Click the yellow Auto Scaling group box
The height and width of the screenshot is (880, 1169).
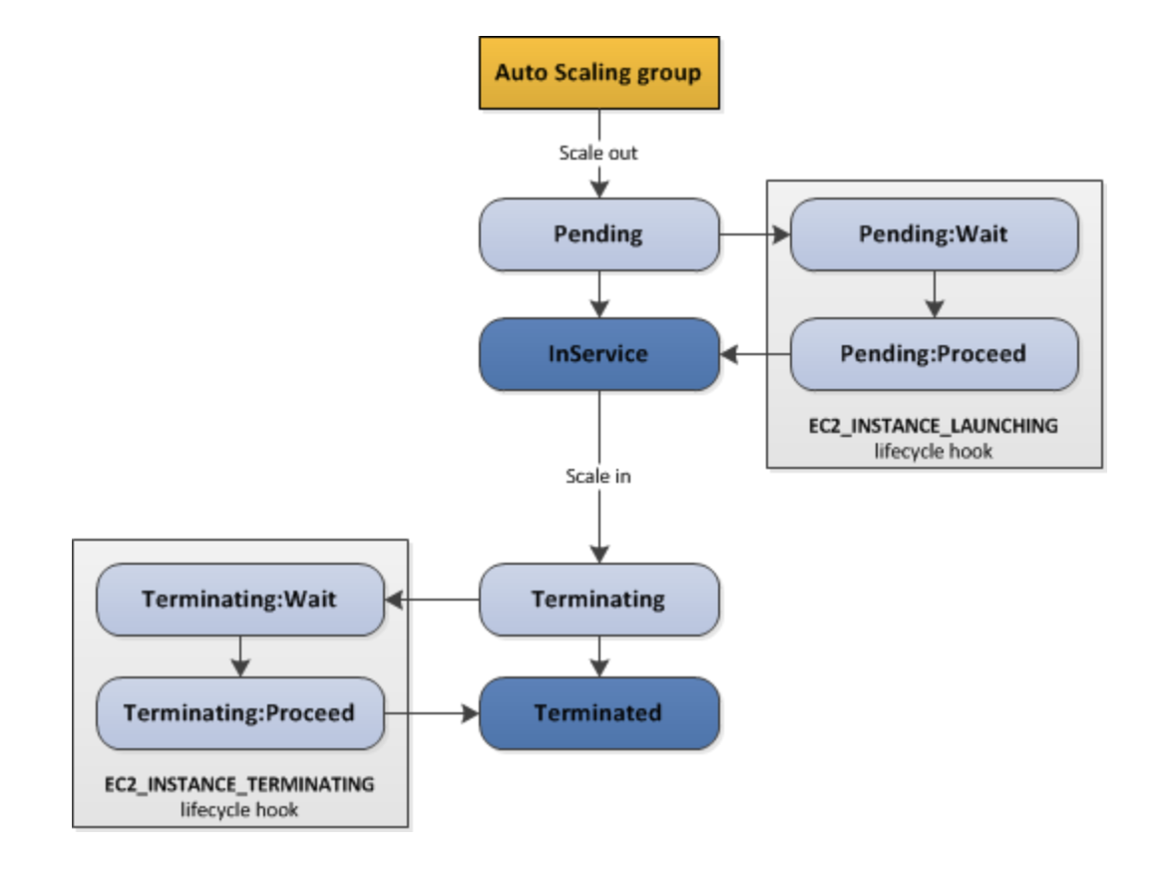pyautogui.click(x=599, y=73)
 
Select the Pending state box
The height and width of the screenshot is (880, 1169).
pyautogui.click(x=599, y=234)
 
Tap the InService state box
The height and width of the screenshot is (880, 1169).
pyautogui.click(x=599, y=354)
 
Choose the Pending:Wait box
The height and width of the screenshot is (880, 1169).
pyautogui.click(x=935, y=234)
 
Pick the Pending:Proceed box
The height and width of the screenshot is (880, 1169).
pyautogui.click(x=935, y=354)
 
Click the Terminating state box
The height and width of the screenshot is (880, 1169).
pyautogui.click(x=599, y=600)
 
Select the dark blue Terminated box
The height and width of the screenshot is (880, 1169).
pyautogui.click(x=599, y=713)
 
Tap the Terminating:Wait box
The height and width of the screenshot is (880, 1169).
pyautogui.click(x=240, y=600)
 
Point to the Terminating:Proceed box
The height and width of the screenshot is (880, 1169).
pyautogui.click(x=240, y=713)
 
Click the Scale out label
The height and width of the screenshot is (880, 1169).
pyautogui.click(x=598, y=153)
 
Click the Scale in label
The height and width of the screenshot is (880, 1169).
pyautogui.click(x=598, y=476)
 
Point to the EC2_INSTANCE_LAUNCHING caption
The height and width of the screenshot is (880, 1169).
pyautogui.click(x=934, y=426)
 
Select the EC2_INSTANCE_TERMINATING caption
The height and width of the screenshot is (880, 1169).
pyautogui.click(x=239, y=784)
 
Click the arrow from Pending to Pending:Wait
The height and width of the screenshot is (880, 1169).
pyautogui.click(x=755, y=234)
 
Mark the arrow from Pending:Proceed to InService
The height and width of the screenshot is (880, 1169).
pyautogui.click(x=755, y=354)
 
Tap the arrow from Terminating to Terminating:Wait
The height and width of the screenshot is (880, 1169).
pyautogui.click(x=432, y=600)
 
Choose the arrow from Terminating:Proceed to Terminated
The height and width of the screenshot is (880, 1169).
pyautogui.click(x=432, y=713)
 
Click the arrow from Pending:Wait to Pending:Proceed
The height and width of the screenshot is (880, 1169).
pyautogui.click(x=935, y=294)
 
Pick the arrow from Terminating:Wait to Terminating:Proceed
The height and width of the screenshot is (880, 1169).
pyautogui.click(x=240, y=657)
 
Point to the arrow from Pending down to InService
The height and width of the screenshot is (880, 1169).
pyautogui.click(x=599, y=294)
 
